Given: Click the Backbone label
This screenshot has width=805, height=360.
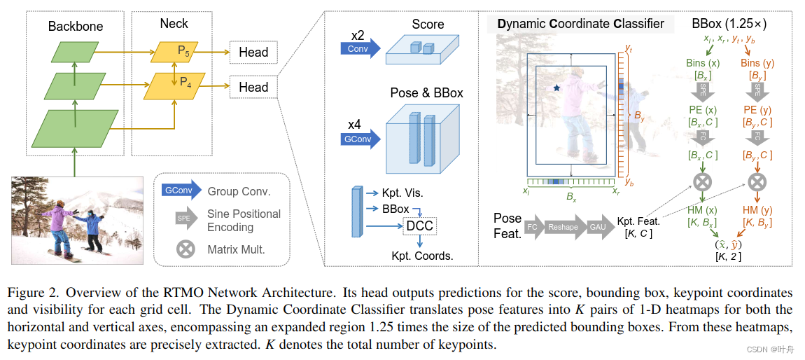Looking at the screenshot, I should [x=76, y=27].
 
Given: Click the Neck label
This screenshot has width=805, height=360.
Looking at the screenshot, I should [x=174, y=23].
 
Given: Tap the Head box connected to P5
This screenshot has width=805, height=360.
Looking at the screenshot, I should [x=253, y=53].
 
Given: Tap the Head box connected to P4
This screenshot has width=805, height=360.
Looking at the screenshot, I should [x=253, y=88].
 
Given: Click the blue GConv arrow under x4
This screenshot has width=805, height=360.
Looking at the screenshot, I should [x=360, y=139].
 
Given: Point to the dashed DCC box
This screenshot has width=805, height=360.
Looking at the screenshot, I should [x=419, y=226].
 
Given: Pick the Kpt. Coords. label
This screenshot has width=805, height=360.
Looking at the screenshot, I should [x=422, y=256].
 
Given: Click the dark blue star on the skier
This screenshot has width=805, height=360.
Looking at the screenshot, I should [x=556, y=88].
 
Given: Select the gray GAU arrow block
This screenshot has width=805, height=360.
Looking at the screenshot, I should [x=599, y=227].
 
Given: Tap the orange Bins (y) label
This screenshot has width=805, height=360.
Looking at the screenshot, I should [x=757, y=63].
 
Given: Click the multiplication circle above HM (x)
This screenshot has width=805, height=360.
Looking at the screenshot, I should [x=702, y=183].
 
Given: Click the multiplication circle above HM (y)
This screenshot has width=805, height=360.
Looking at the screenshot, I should [x=756, y=183].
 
